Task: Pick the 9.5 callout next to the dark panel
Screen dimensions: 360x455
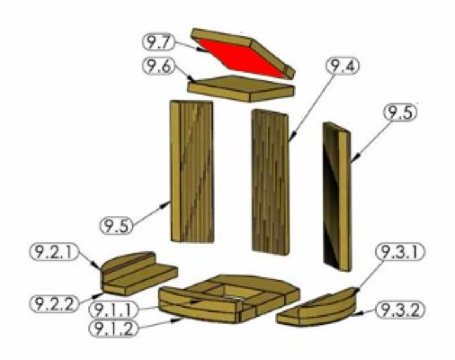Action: [x=402, y=112]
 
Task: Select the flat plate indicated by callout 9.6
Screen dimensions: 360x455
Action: [x=241, y=88]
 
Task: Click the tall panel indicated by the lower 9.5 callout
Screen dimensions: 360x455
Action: [x=192, y=171]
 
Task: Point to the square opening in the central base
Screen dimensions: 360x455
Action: [x=233, y=290]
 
